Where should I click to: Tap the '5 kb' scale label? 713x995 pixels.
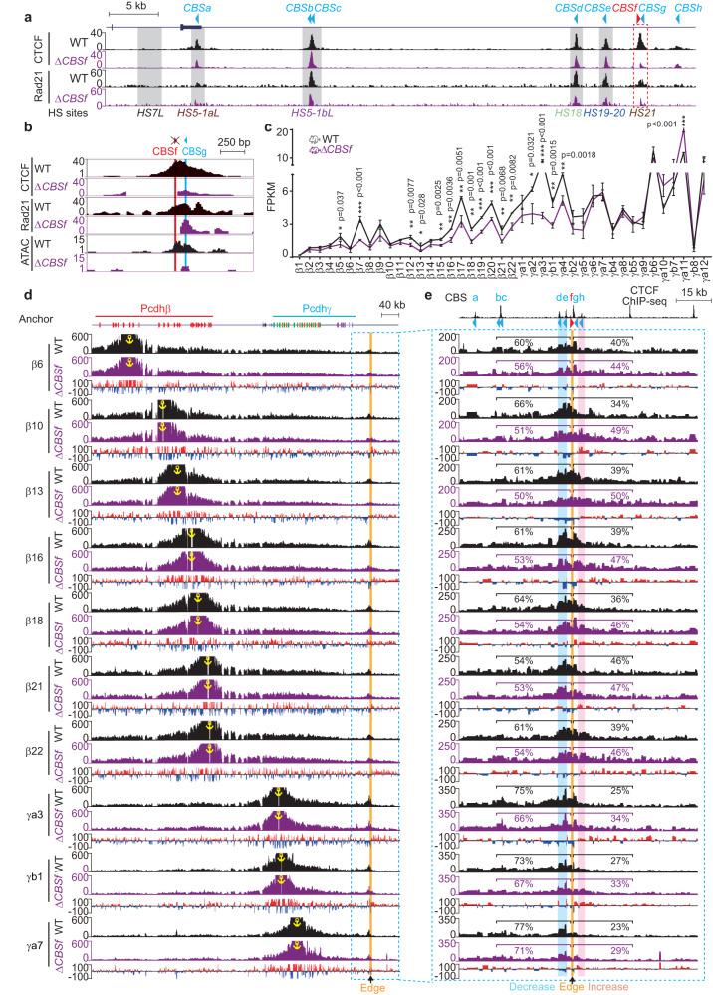[128, 7]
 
